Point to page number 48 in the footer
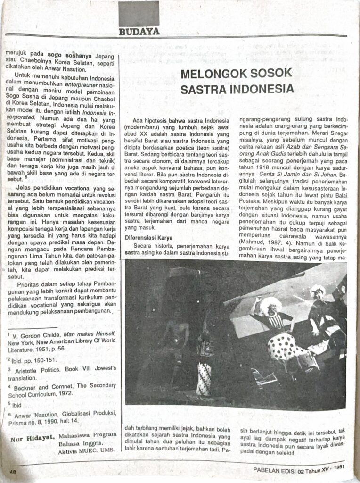13,472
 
